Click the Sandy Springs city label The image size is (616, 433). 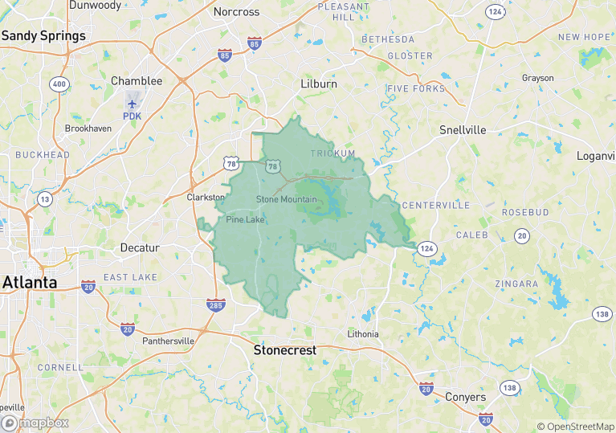pyautogui.click(x=43, y=36)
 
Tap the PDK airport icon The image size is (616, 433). pyautogui.click(x=133, y=103)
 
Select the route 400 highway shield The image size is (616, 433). pyautogui.click(x=59, y=84)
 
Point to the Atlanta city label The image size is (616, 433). pyautogui.click(x=30, y=283)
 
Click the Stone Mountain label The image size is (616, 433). pyautogui.click(x=287, y=199)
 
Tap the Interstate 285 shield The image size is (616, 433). pyautogui.click(x=215, y=304)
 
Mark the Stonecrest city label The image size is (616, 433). pyautogui.click(x=285, y=350)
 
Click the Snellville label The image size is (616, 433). pyautogui.click(x=463, y=130)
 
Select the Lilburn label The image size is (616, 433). pyautogui.click(x=319, y=84)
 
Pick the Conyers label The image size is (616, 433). pyautogui.click(x=465, y=398)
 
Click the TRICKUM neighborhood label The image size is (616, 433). pyautogui.click(x=332, y=153)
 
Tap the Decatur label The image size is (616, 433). pyautogui.click(x=140, y=247)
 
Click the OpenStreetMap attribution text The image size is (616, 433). pyautogui.click(x=576, y=427)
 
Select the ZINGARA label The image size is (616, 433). pyautogui.click(x=517, y=284)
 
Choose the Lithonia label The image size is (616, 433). pyautogui.click(x=363, y=333)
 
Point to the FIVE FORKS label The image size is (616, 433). pyautogui.click(x=416, y=88)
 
